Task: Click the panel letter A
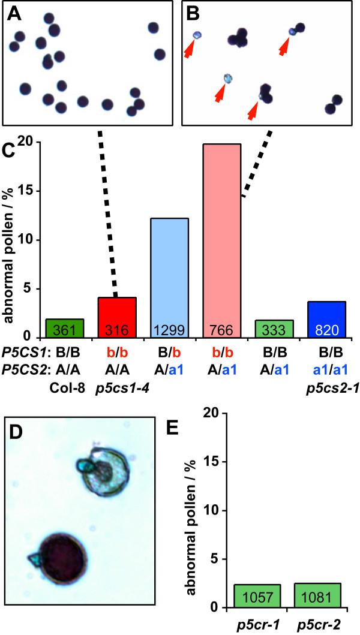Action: (13, 13)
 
